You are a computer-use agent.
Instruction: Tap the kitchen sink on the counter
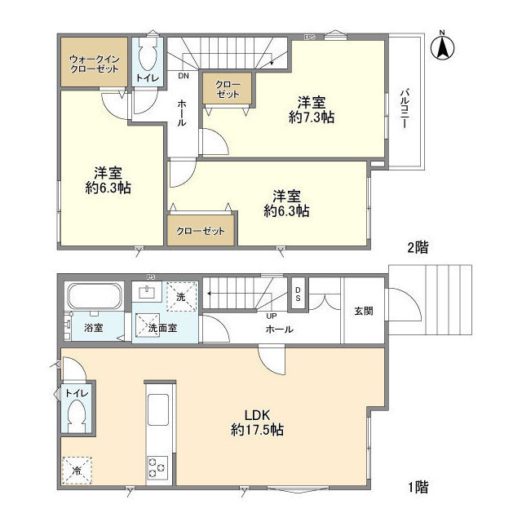pyautogui.click(x=157, y=405)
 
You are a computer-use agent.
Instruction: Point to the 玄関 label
pyautogui.click(x=363, y=311)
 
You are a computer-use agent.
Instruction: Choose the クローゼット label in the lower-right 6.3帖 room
pyautogui.click(x=201, y=231)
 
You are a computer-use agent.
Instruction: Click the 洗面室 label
pyautogui.click(x=164, y=329)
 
